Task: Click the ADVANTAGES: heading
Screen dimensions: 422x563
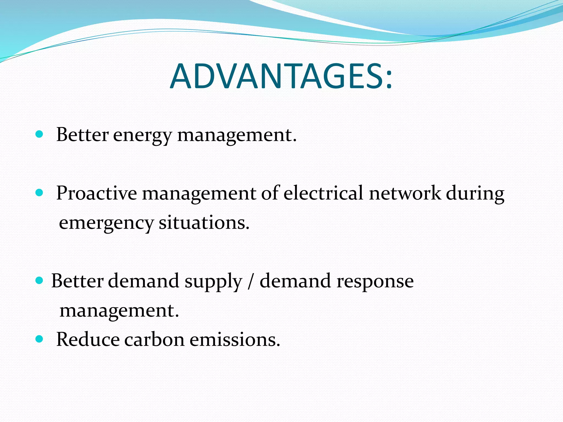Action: pos(281,76)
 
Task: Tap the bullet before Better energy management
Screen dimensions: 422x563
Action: pos(40,134)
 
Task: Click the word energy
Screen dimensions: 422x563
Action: pos(142,135)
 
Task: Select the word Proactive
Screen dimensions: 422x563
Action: pos(96,193)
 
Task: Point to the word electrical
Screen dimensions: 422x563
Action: pos(324,193)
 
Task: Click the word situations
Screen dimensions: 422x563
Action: pos(204,223)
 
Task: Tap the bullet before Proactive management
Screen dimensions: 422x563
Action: pos(40,193)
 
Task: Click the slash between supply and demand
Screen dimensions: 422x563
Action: pos(250,281)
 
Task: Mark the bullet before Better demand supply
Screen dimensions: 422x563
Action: pos(40,281)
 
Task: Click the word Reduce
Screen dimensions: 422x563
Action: pos(88,339)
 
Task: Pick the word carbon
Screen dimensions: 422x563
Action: pos(154,339)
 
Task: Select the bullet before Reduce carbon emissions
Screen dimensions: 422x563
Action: pos(40,339)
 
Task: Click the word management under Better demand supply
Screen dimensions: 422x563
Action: pos(119,311)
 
